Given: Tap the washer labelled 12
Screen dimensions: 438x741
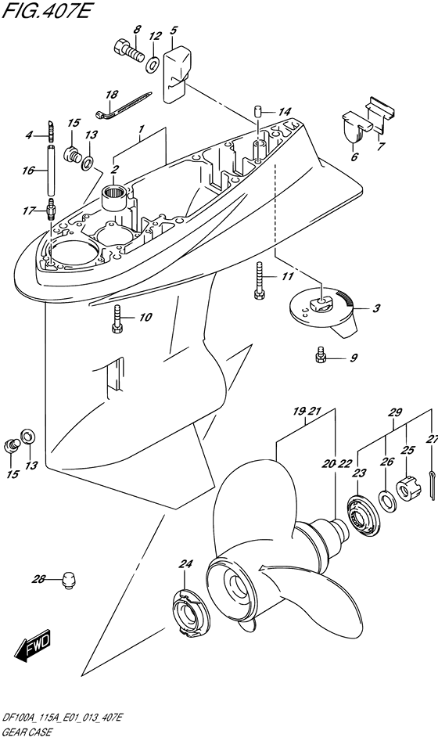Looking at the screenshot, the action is pyautogui.click(x=153, y=64).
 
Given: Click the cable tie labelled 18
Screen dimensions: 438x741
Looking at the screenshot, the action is pyautogui.click(x=123, y=105).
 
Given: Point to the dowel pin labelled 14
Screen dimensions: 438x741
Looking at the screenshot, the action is pyautogui.click(x=257, y=113).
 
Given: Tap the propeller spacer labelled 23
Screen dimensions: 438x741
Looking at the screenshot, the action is pyautogui.click(x=363, y=517).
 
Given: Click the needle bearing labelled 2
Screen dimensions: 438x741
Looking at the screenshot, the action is pyautogui.click(x=115, y=196).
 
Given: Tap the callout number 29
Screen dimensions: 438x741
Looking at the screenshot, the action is pyautogui.click(x=394, y=412).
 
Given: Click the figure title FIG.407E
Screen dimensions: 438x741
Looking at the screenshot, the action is pyautogui.click(x=45, y=10).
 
